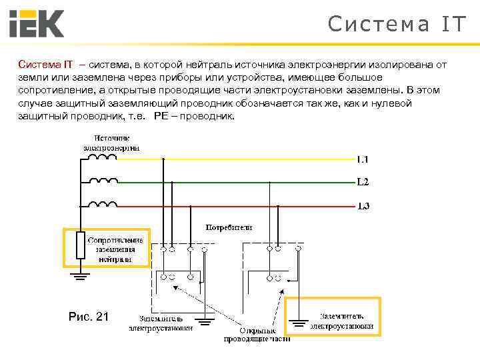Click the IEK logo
[36, 23]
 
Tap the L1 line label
[362, 159]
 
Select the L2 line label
[362, 182]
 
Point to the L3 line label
[362, 205]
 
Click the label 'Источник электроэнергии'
[111, 142]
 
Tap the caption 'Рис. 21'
[88, 317]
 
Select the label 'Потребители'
[229, 227]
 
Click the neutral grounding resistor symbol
[80, 245]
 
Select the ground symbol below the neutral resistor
[80, 273]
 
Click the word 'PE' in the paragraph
[161, 115]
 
